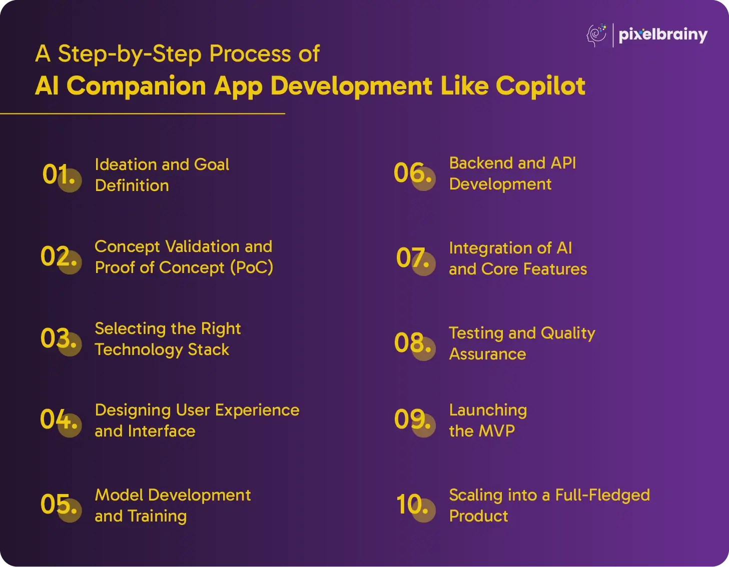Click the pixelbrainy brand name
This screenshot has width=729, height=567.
(x=663, y=35)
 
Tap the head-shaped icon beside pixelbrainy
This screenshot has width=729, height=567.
(x=596, y=35)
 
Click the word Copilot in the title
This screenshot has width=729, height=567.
(x=540, y=86)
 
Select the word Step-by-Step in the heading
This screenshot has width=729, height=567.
(x=130, y=54)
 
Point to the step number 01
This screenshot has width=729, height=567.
(x=59, y=174)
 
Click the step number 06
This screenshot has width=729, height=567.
(x=413, y=173)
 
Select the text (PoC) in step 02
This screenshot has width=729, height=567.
(x=252, y=268)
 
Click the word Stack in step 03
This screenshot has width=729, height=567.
(x=208, y=350)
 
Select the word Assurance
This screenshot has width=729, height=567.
(x=487, y=354)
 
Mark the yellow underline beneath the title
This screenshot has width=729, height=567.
(x=143, y=114)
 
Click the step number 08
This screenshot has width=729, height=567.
(x=413, y=343)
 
